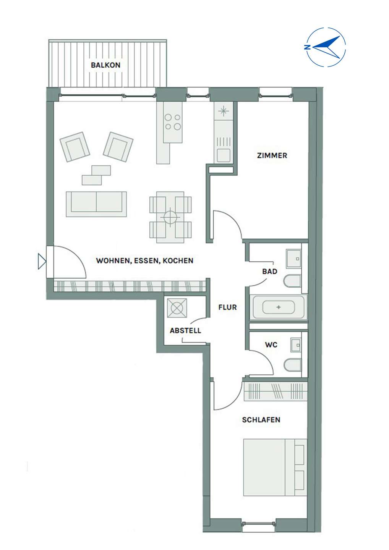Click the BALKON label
pyautogui.click(x=105, y=65)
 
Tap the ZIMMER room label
pyautogui.click(x=272, y=155)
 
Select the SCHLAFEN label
pyautogui.click(x=261, y=420)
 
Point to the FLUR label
pyautogui.click(x=227, y=307)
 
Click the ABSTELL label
pyautogui.click(x=185, y=330)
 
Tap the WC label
pyautogui.click(x=271, y=345)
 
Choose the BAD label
pyautogui.click(x=270, y=271)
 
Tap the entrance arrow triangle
pyautogui.click(x=42, y=261)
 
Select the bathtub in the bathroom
pyautogui.click(x=279, y=307)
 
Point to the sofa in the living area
pyautogui.click(x=96, y=204)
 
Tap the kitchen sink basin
pyautogui.click(x=223, y=155)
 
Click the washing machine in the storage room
pyautogui.click(x=177, y=308)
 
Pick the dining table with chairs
pyautogui.click(x=170, y=217)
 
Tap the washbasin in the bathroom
pyautogui.click(x=293, y=259)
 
